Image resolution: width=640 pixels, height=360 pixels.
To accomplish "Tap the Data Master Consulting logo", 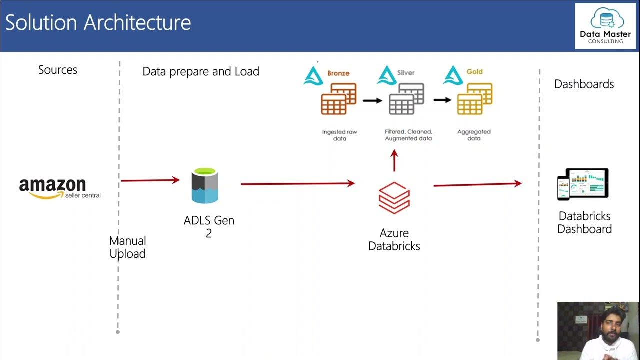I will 605,26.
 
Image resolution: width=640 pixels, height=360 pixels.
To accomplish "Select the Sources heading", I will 58,70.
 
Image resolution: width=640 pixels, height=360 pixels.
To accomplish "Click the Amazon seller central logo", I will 59,188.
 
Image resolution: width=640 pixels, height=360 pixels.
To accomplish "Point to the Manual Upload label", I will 127,247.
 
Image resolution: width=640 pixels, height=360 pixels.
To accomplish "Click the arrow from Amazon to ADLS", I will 150,180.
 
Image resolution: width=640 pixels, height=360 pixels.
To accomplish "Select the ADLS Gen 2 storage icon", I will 205,186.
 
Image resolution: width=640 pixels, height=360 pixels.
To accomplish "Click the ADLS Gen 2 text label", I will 209,226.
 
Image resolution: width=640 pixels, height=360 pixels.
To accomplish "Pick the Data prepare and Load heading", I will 201,71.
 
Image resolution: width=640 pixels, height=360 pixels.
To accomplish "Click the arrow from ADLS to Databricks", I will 297,184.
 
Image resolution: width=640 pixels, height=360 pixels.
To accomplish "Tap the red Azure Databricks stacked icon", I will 394,198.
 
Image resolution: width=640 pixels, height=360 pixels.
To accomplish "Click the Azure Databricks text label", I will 394,239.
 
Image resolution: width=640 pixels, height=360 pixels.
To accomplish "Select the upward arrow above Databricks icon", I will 394,161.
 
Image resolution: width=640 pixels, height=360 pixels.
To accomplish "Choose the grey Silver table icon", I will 406,99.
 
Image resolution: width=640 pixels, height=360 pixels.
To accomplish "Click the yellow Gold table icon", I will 474,99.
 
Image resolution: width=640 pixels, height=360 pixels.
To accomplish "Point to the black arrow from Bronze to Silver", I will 372,100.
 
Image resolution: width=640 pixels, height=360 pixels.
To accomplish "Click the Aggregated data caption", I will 474,135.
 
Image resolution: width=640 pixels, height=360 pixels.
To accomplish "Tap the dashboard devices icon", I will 583,184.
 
